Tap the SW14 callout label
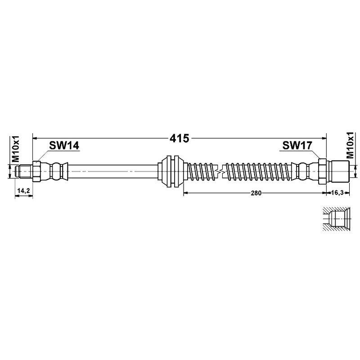[x=64, y=145]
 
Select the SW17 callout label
[x=297, y=145]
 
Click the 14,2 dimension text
[x=23, y=191]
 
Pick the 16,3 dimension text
[x=338, y=193]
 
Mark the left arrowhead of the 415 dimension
[x=34, y=138]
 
